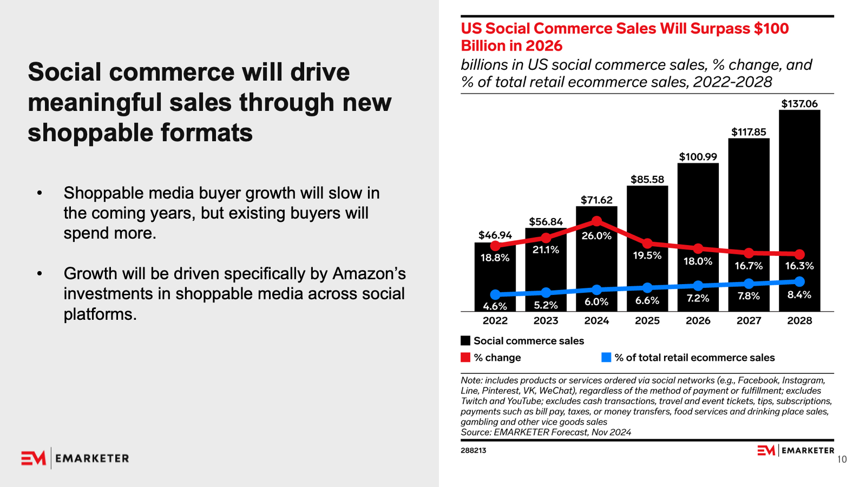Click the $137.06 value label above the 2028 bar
(x=799, y=103)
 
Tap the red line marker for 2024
(x=596, y=221)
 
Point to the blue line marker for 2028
(x=799, y=281)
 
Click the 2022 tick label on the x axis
(x=495, y=320)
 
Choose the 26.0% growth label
(x=596, y=236)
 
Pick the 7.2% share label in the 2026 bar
(x=698, y=298)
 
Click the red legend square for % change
(x=465, y=357)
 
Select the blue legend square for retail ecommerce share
(x=606, y=357)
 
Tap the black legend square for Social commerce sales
(x=465, y=340)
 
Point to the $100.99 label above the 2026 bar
(x=698, y=157)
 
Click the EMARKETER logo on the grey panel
(x=75, y=458)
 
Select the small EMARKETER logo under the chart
(x=796, y=450)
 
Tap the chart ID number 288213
(x=473, y=450)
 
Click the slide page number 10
(x=842, y=459)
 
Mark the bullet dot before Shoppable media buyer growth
(x=40, y=193)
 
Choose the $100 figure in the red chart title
(x=771, y=29)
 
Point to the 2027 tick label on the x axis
(x=749, y=320)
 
